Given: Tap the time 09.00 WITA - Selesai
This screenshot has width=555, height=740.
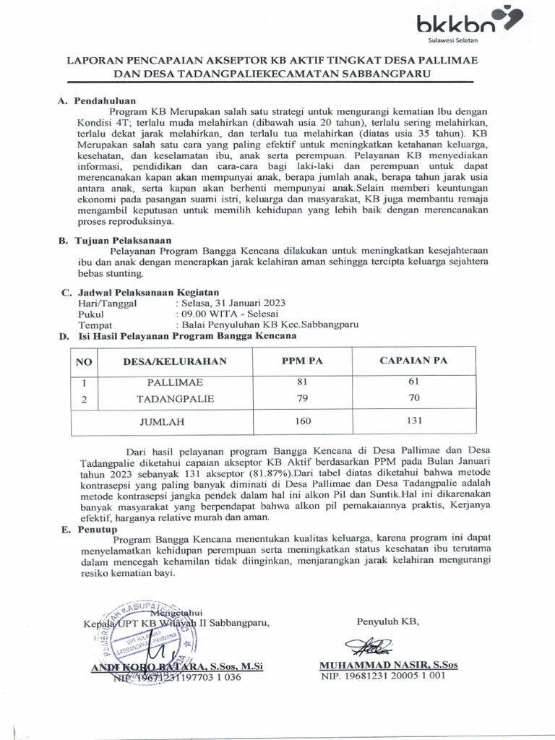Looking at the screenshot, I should (224, 315).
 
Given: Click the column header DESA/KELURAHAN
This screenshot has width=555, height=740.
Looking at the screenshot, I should (176, 361).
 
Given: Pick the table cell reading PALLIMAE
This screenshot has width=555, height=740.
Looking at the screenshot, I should (176, 382).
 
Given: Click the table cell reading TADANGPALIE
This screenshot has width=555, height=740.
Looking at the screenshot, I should (176, 398).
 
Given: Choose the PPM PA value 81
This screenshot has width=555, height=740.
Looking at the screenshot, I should (304, 382).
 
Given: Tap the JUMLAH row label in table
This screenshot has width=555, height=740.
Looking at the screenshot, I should (163, 421).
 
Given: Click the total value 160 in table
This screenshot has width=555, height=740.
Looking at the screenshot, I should (304, 420).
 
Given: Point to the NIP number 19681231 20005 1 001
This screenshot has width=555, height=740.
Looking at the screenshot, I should (383, 676).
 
